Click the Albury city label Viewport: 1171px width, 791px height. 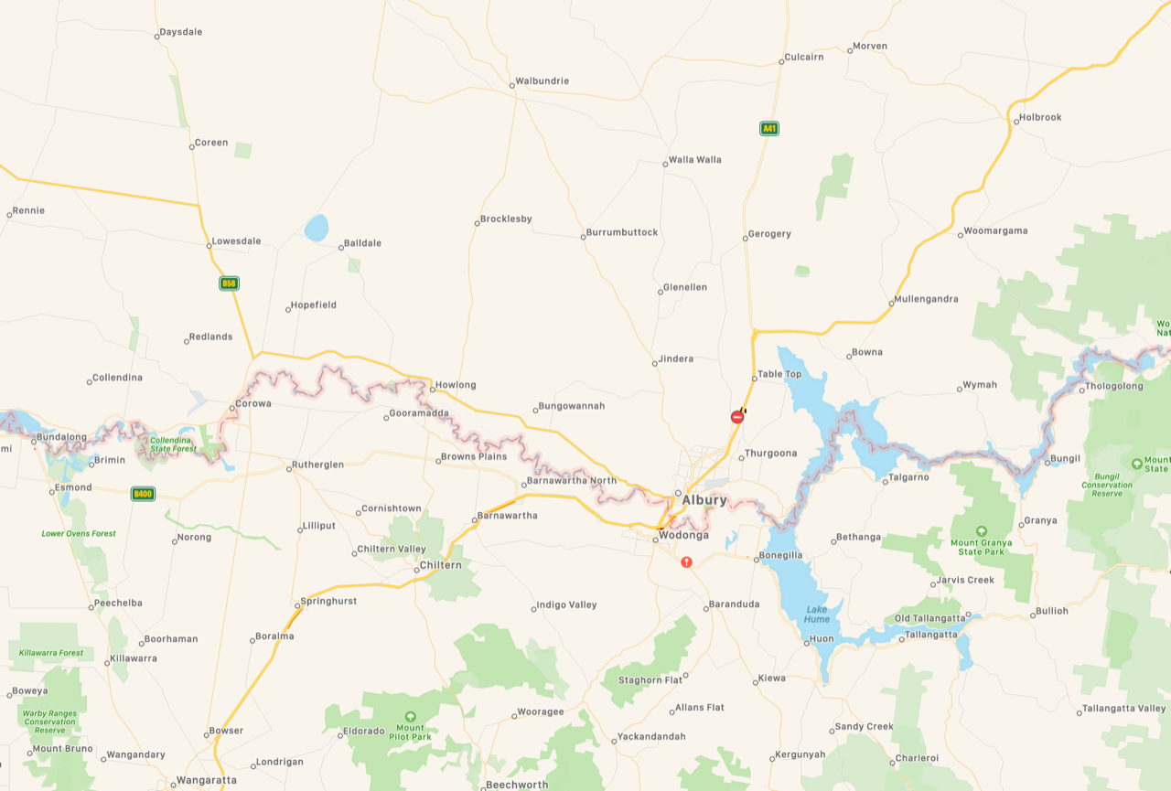point(704,500)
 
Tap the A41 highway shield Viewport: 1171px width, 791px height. point(769,128)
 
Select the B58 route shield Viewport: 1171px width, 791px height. point(229,283)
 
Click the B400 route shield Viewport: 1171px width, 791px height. point(143,494)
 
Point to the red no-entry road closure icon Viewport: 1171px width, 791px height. point(737,417)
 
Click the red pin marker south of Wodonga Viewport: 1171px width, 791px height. point(686,561)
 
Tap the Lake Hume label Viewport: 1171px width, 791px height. point(817,614)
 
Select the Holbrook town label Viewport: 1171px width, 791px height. point(1040,117)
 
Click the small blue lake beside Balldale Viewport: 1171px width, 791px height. point(316,228)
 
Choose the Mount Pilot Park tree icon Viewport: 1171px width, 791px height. point(410,716)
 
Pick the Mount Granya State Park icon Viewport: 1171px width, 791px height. point(982,530)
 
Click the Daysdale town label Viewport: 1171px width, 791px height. point(180,32)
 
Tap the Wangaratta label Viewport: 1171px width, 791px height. point(206,780)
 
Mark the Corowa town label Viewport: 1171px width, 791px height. point(253,403)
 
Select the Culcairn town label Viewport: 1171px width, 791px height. point(804,57)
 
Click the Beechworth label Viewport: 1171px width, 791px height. point(517,785)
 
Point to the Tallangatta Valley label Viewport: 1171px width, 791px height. point(1123,708)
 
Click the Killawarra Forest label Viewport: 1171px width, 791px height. point(50,653)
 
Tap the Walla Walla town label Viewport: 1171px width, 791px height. point(694,159)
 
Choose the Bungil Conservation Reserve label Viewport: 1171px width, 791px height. point(1106,485)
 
